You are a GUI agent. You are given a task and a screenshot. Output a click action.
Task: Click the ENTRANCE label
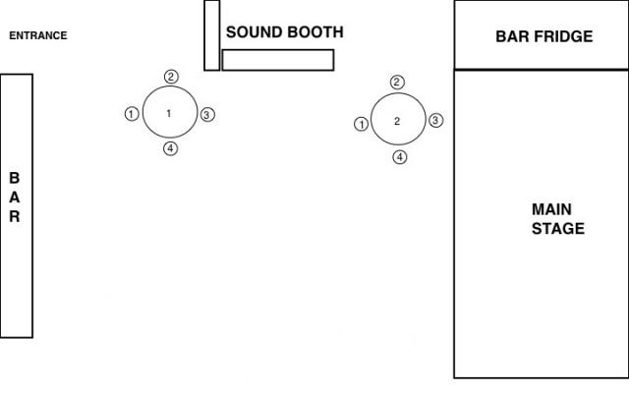pos(38,36)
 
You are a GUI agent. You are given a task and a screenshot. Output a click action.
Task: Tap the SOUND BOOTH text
pos(285,32)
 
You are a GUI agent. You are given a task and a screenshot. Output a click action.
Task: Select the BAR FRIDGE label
pos(543,37)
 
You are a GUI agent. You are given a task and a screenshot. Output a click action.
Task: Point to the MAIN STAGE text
pos(557,219)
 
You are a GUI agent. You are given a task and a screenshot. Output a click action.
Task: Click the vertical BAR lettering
pos(15,197)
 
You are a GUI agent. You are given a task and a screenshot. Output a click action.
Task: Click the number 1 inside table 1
pos(168,114)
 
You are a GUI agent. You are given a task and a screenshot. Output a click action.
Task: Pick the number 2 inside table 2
pos(397,121)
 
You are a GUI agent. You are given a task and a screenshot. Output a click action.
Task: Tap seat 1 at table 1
pos(132,114)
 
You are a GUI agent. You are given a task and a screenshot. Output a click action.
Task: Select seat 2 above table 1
pos(171,77)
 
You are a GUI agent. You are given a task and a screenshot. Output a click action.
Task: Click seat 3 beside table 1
pos(207,115)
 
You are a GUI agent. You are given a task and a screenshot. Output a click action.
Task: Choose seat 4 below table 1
pos(170,149)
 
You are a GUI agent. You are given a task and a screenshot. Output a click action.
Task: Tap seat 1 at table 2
pos(361,124)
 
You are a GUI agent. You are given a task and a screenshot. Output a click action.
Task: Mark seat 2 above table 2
pos(397,83)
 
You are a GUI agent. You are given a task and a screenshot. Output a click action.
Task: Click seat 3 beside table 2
pos(436,120)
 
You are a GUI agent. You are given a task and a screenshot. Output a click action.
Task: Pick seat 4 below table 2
pos(399,157)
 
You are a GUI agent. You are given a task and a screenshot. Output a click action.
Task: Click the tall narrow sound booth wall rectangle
pos(211,35)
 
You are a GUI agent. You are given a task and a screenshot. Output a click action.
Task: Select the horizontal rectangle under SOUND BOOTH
pos(278,60)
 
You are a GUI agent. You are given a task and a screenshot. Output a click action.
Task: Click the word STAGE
pos(557,229)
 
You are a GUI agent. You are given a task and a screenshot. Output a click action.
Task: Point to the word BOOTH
pos(315,32)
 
